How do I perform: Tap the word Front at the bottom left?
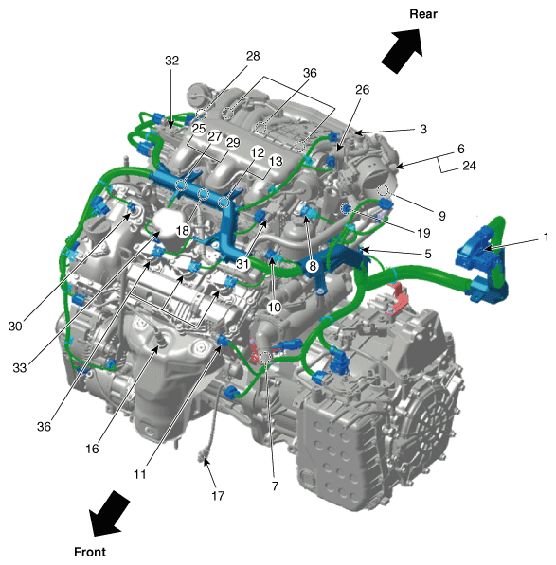point(91,550)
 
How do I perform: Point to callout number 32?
point(171,60)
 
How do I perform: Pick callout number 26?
point(362,92)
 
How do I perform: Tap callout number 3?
point(423,128)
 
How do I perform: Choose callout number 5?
point(427,254)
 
